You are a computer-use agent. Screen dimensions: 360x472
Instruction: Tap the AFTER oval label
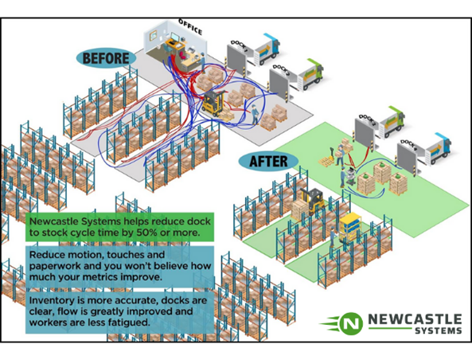pos(267,160)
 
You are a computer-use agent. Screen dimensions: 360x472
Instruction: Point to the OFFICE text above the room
pos(189,26)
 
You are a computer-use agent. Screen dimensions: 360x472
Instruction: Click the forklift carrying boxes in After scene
pos(313,204)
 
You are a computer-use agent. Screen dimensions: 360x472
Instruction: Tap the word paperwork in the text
pos(57,266)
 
